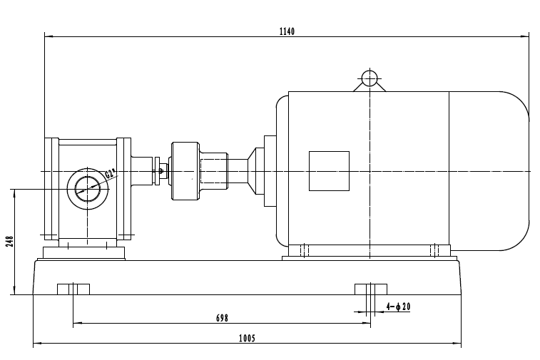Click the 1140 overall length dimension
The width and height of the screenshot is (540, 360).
(x=287, y=31)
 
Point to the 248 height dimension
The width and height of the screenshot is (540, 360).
(x=9, y=241)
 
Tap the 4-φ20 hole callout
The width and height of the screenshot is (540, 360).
(x=398, y=307)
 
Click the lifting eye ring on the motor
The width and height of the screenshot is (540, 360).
(x=369, y=77)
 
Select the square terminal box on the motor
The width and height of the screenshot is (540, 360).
(x=329, y=171)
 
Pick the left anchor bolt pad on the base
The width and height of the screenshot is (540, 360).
(x=73, y=288)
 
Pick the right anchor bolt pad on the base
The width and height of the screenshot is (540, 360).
(x=371, y=288)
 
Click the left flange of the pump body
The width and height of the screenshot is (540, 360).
(x=50, y=188)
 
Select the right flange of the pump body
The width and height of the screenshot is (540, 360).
(x=124, y=188)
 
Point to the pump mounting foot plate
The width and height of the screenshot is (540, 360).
(x=84, y=253)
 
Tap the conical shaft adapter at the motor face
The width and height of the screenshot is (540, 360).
(x=255, y=171)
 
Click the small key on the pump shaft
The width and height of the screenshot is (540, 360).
(x=163, y=170)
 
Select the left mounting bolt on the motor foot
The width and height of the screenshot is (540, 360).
(x=303, y=250)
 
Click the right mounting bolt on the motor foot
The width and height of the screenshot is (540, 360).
(x=434, y=250)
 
